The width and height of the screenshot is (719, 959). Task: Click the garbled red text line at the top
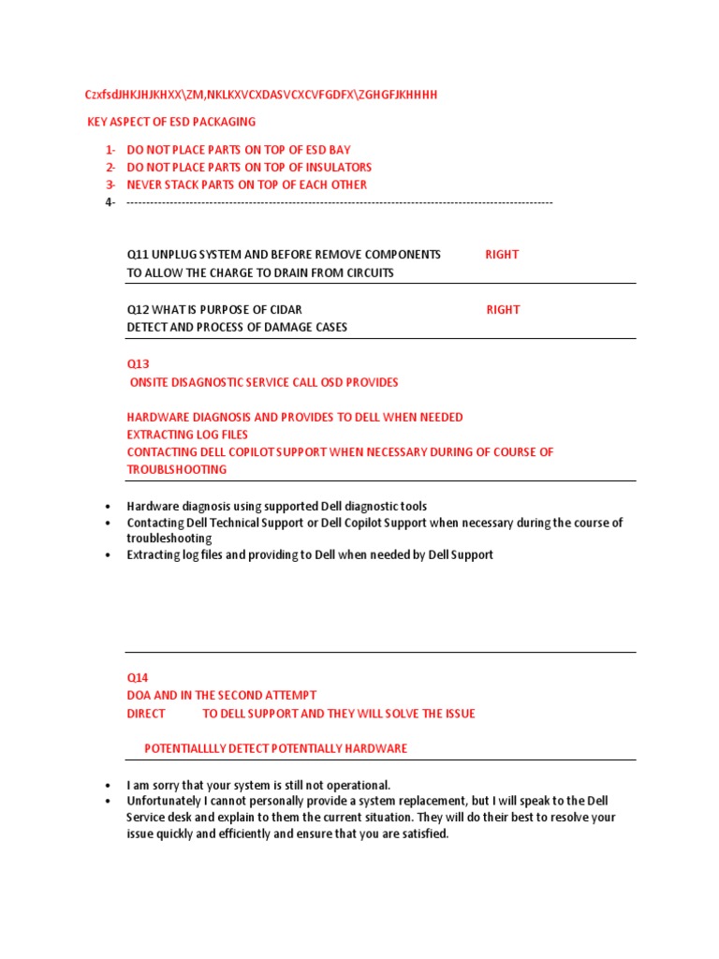tap(261, 95)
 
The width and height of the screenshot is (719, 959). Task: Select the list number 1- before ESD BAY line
tap(110, 150)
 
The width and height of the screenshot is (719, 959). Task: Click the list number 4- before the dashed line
tap(110, 202)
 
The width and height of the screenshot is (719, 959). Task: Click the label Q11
tap(138, 255)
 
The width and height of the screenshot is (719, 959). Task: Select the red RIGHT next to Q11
tap(502, 255)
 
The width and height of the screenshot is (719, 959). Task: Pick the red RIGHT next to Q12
tap(503, 310)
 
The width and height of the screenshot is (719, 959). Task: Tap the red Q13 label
tap(138, 363)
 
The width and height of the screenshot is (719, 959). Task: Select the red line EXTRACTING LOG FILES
tap(187, 435)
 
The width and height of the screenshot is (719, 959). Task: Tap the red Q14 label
tap(138, 677)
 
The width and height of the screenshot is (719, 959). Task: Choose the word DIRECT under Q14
tap(146, 714)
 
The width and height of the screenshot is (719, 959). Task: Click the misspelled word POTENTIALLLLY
tap(191, 748)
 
